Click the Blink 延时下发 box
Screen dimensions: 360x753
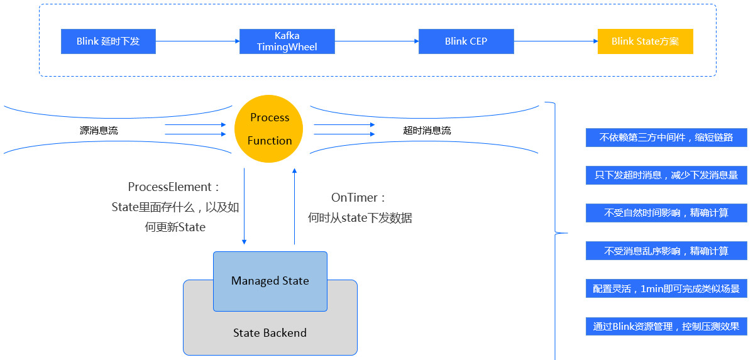[x=108, y=41]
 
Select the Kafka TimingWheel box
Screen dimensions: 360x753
[x=287, y=41]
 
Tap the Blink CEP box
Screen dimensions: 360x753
[x=466, y=41]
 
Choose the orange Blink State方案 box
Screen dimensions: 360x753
[x=645, y=41]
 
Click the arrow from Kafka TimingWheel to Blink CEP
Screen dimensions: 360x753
[x=376, y=41]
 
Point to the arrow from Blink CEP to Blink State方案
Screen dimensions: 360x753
[x=556, y=41]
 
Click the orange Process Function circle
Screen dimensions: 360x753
[x=269, y=129]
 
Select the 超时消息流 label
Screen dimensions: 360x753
[x=427, y=131]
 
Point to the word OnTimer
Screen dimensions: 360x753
[x=355, y=197]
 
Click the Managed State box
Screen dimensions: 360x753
[x=270, y=281]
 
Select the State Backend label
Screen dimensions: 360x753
[x=270, y=333]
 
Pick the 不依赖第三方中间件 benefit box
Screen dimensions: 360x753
[x=666, y=138]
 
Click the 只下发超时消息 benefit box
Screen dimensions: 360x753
[x=666, y=175]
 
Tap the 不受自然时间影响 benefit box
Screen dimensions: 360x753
[x=666, y=213]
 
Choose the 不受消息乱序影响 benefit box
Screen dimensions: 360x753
[x=666, y=251]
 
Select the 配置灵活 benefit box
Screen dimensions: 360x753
[x=666, y=289]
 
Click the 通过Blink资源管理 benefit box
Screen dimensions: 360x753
[x=666, y=327]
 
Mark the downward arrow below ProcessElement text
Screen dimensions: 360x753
[x=245, y=207]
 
